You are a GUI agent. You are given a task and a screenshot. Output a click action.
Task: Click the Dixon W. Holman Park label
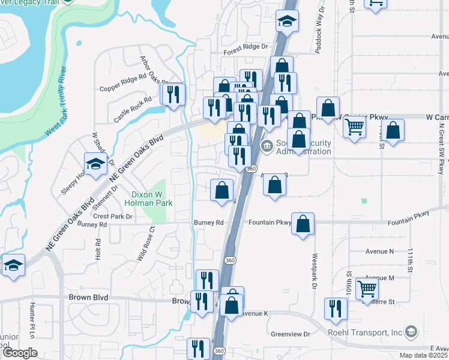tap(152, 199)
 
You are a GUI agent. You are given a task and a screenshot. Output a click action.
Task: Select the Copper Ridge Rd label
tap(123, 83)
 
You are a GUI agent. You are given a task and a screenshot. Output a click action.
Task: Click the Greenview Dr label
tap(290, 334)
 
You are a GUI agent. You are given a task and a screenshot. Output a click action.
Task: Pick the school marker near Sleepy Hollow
tap(95, 164)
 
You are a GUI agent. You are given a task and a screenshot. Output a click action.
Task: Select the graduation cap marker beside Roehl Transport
tap(411, 332)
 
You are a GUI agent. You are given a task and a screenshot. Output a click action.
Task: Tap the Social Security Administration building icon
tap(267, 146)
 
